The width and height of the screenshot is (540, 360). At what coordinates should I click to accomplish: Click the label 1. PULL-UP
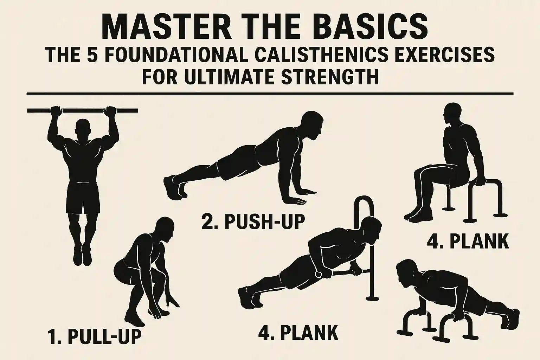click(x=94, y=337)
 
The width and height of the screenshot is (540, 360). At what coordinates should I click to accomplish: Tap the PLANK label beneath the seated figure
click(x=468, y=242)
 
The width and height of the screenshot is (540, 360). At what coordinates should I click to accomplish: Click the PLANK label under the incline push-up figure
click(x=298, y=332)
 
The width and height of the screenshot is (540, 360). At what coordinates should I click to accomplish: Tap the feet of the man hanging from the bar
click(x=83, y=255)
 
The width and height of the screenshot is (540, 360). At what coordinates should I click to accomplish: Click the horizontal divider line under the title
click(x=270, y=94)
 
